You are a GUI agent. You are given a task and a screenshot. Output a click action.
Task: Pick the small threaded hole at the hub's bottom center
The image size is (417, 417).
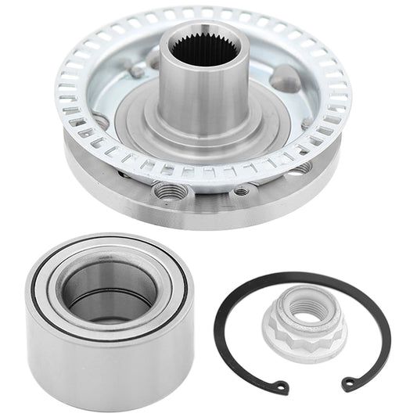point(243,190)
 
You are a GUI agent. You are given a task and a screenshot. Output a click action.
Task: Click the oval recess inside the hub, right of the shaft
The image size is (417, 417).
point(286,78)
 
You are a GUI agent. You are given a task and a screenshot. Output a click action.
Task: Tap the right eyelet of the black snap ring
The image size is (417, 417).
point(347,383)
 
